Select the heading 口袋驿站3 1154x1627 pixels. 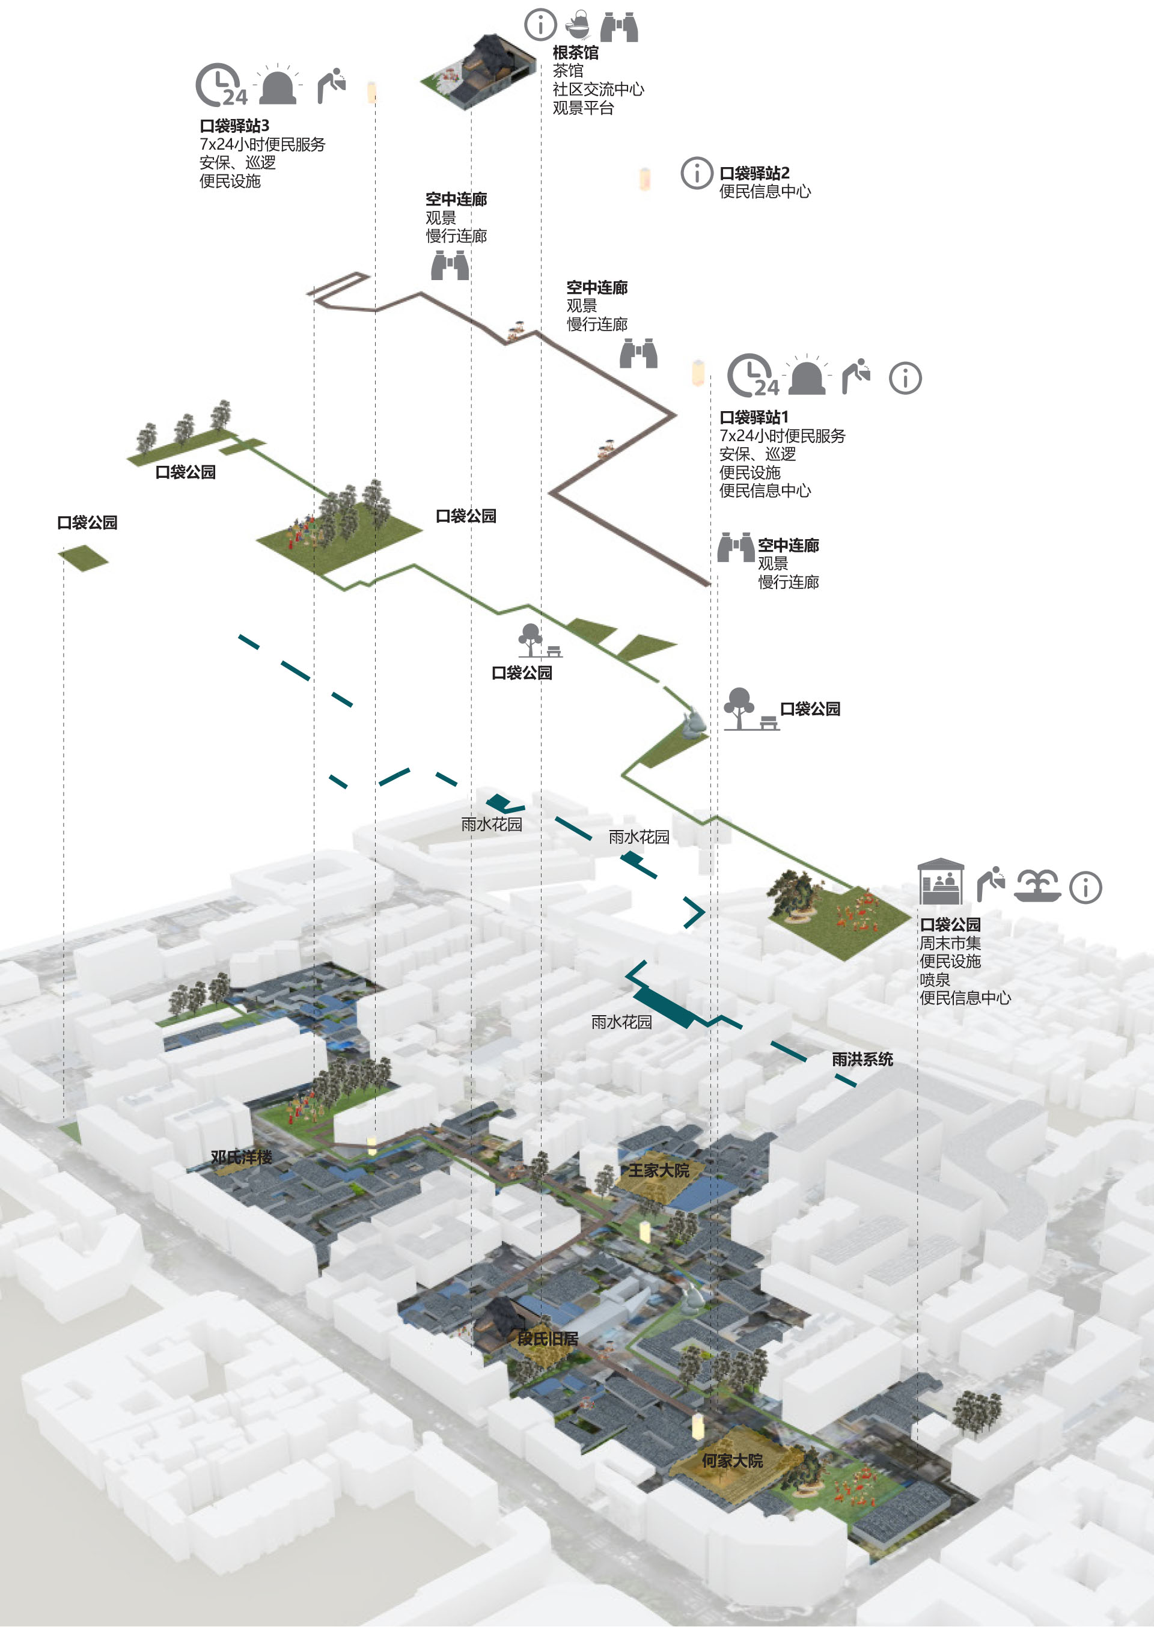tap(234, 126)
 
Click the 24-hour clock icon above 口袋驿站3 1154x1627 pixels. tap(221, 85)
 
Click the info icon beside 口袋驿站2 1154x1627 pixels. tap(697, 172)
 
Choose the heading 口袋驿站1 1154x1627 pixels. tap(753, 417)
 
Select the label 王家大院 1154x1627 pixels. tap(659, 1171)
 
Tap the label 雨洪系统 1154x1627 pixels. tap(862, 1060)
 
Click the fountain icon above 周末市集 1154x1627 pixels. tap(1037, 886)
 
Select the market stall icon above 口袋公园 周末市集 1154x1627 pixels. tap(940, 881)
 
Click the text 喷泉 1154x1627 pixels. tap(935, 980)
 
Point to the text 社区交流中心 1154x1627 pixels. tap(598, 89)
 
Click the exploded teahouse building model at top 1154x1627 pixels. tap(478, 71)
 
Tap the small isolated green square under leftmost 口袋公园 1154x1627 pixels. tap(83, 558)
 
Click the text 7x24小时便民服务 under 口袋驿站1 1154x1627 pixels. tap(783, 436)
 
